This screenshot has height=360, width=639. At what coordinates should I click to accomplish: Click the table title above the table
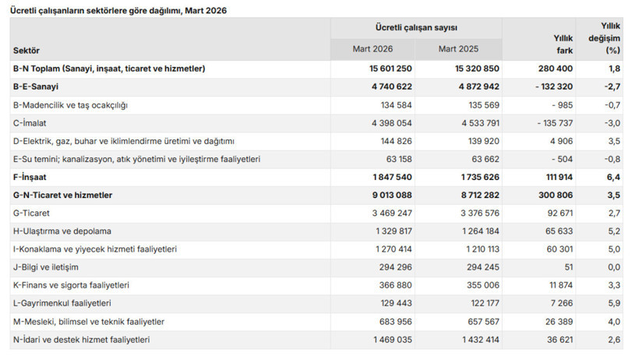(x=118, y=11)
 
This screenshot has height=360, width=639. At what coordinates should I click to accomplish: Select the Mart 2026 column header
(x=372, y=49)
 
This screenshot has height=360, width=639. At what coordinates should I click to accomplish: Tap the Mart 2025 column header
(x=458, y=49)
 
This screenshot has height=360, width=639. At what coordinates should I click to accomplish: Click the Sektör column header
(x=26, y=51)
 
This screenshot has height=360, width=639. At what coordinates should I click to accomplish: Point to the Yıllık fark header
(x=563, y=44)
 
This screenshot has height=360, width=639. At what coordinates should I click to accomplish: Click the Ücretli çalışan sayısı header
(x=416, y=28)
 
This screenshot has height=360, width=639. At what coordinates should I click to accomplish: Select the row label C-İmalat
(x=30, y=123)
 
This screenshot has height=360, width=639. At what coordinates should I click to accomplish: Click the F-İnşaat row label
(x=30, y=177)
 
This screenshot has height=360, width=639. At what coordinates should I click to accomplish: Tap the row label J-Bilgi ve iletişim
(x=46, y=267)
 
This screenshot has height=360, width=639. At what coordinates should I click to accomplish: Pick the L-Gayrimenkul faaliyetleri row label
(x=62, y=303)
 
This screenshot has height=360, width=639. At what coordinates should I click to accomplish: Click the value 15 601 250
(x=390, y=69)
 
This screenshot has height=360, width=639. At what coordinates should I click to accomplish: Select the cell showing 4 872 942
(x=478, y=86)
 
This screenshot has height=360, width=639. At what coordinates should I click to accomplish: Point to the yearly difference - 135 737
(x=555, y=123)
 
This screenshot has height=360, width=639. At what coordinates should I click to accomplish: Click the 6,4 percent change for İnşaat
(x=614, y=177)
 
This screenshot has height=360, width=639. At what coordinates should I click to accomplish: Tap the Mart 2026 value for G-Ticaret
(x=392, y=214)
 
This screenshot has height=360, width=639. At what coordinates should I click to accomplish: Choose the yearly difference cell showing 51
(x=569, y=267)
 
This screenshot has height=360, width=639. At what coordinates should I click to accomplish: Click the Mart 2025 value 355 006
(x=483, y=285)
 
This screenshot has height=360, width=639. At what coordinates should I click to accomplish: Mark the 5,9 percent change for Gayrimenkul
(x=614, y=303)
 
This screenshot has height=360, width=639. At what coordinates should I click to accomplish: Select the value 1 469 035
(x=393, y=340)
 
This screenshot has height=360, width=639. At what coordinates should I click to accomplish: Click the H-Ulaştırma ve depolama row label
(x=62, y=231)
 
